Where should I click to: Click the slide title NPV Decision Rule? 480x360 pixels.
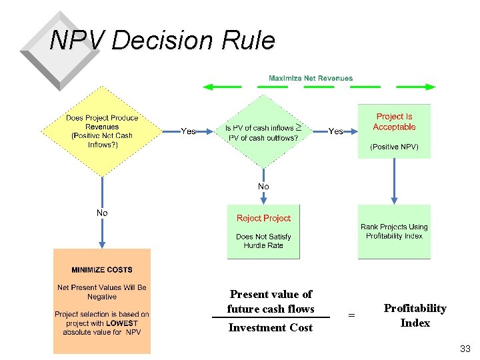[x=162, y=41]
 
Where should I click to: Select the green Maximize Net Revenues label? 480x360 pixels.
[x=311, y=79]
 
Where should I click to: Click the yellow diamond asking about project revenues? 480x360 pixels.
[x=102, y=131]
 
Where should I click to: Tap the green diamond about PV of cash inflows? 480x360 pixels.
[x=263, y=132]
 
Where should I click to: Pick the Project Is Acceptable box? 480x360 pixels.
[x=394, y=131]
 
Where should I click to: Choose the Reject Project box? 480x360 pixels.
[x=263, y=231]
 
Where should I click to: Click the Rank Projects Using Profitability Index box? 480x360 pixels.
[x=394, y=231]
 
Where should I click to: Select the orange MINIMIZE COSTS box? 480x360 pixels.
[x=102, y=301]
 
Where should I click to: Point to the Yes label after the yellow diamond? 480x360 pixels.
[x=189, y=131]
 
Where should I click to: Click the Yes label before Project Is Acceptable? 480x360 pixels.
[x=336, y=131]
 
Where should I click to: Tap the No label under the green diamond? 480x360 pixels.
[x=263, y=187]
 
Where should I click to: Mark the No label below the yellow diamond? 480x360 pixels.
[x=102, y=213]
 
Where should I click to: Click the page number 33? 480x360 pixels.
[x=465, y=349]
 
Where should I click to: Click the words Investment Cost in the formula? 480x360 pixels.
[x=270, y=327]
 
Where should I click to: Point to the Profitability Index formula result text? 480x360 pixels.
[x=415, y=315]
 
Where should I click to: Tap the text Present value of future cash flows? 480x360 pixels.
[x=270, y=301]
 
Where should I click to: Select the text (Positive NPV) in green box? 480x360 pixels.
[x=394, y=147]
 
